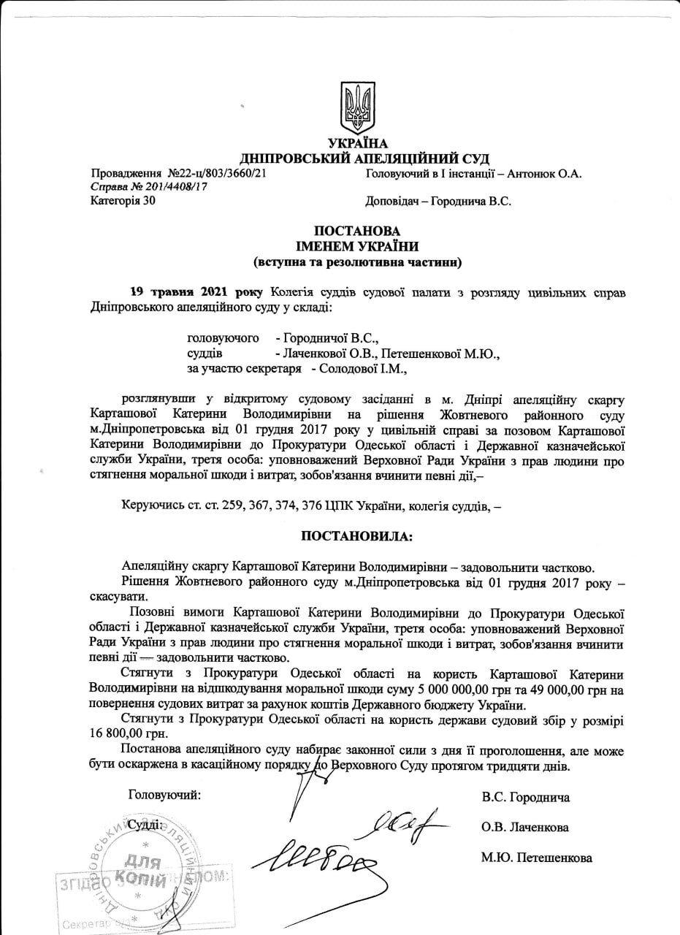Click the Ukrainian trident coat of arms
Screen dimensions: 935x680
(x=358, y=107)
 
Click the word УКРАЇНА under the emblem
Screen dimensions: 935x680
(x=358, y=144)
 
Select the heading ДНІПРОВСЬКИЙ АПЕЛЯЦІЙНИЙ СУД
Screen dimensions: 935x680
(x=365, y=159)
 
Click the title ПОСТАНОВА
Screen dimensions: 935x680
(x=357, y=231)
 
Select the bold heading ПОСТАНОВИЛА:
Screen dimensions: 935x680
(x=357, y=536)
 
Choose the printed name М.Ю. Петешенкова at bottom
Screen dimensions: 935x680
(x=536, y=858)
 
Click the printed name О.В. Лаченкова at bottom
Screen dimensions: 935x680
(x=525, y=828)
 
